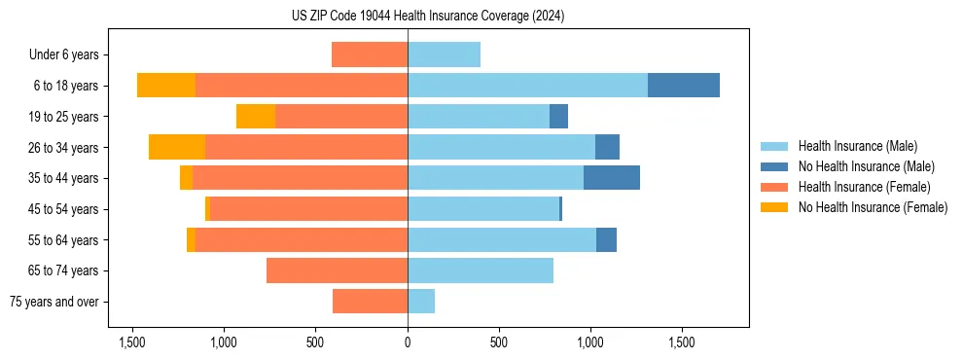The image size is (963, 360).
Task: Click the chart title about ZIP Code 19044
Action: coord(428,17)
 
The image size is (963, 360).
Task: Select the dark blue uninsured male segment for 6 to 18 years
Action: coord(684,86)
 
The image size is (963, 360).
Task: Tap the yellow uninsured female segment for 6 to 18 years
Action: coord(166,86)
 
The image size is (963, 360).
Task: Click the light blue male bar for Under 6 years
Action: coord(444,54)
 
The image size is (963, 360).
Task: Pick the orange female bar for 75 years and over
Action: coord(370,302)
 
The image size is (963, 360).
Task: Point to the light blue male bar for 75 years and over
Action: coord(421,302)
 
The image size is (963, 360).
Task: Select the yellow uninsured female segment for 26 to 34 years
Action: coord(177,147)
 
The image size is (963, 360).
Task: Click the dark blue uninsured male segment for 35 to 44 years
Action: coord(612,178)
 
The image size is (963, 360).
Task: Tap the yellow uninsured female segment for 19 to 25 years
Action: coord(256,117)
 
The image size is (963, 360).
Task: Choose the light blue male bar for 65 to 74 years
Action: coord(481,270)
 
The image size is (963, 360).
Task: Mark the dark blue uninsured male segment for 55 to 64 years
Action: coord(606,239)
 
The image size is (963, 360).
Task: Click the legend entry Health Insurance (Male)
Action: coord(857,146)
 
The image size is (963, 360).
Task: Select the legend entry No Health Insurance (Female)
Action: coord(873,207)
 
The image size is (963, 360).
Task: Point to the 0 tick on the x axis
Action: coord(408,342)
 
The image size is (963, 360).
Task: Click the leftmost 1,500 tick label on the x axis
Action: coord(132,342)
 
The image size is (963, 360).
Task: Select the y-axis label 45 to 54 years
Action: coord(65,209)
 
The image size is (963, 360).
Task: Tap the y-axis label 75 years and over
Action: coord(54,302)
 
